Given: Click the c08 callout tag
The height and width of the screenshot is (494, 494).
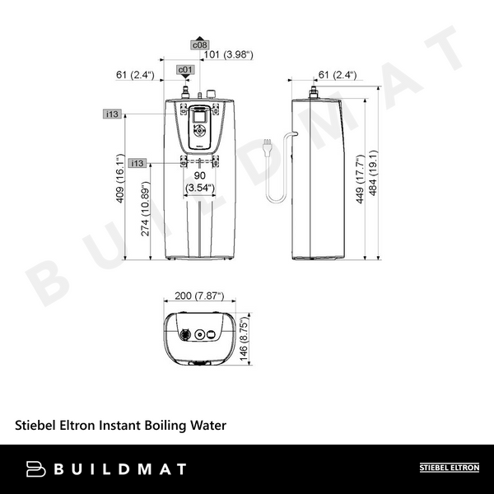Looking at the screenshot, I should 200,44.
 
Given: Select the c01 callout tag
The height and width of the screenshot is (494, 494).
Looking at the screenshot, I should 186,71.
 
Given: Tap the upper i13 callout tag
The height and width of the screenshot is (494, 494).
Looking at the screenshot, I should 113,113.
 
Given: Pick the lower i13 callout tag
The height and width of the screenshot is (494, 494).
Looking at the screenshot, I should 137,163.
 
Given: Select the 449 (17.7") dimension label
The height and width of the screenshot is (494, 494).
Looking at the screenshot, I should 361,180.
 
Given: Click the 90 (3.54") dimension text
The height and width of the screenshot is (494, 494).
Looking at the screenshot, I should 199,182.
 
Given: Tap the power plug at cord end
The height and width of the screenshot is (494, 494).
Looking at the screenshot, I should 263,147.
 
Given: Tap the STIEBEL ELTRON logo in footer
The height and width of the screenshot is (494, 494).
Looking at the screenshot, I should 449,468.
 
